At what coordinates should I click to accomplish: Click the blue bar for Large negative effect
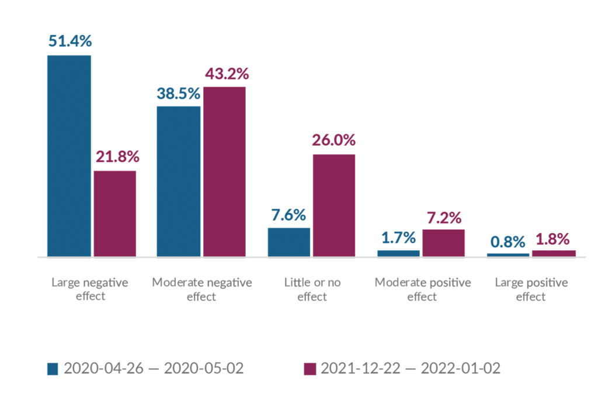69,156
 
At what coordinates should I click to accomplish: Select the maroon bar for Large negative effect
115,213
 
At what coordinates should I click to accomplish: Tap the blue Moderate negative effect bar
179,181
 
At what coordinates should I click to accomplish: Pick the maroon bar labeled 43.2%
224,171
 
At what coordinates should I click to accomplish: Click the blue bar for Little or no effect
288,241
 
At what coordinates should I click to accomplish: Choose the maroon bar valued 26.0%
334,205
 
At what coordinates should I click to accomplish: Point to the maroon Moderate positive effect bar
444,243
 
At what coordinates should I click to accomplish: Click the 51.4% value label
69,42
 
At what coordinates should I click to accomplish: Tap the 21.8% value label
116,157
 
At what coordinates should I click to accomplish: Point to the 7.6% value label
288,215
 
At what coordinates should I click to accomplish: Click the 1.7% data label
398,237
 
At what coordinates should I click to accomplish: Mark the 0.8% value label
508,241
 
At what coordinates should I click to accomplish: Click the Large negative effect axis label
90,289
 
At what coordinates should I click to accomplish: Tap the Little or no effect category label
312,289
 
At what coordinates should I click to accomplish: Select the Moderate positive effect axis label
422,289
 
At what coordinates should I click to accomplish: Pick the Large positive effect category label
531,289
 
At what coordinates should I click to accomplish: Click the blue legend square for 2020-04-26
53,369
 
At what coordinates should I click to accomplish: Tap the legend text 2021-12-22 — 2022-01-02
411,369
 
